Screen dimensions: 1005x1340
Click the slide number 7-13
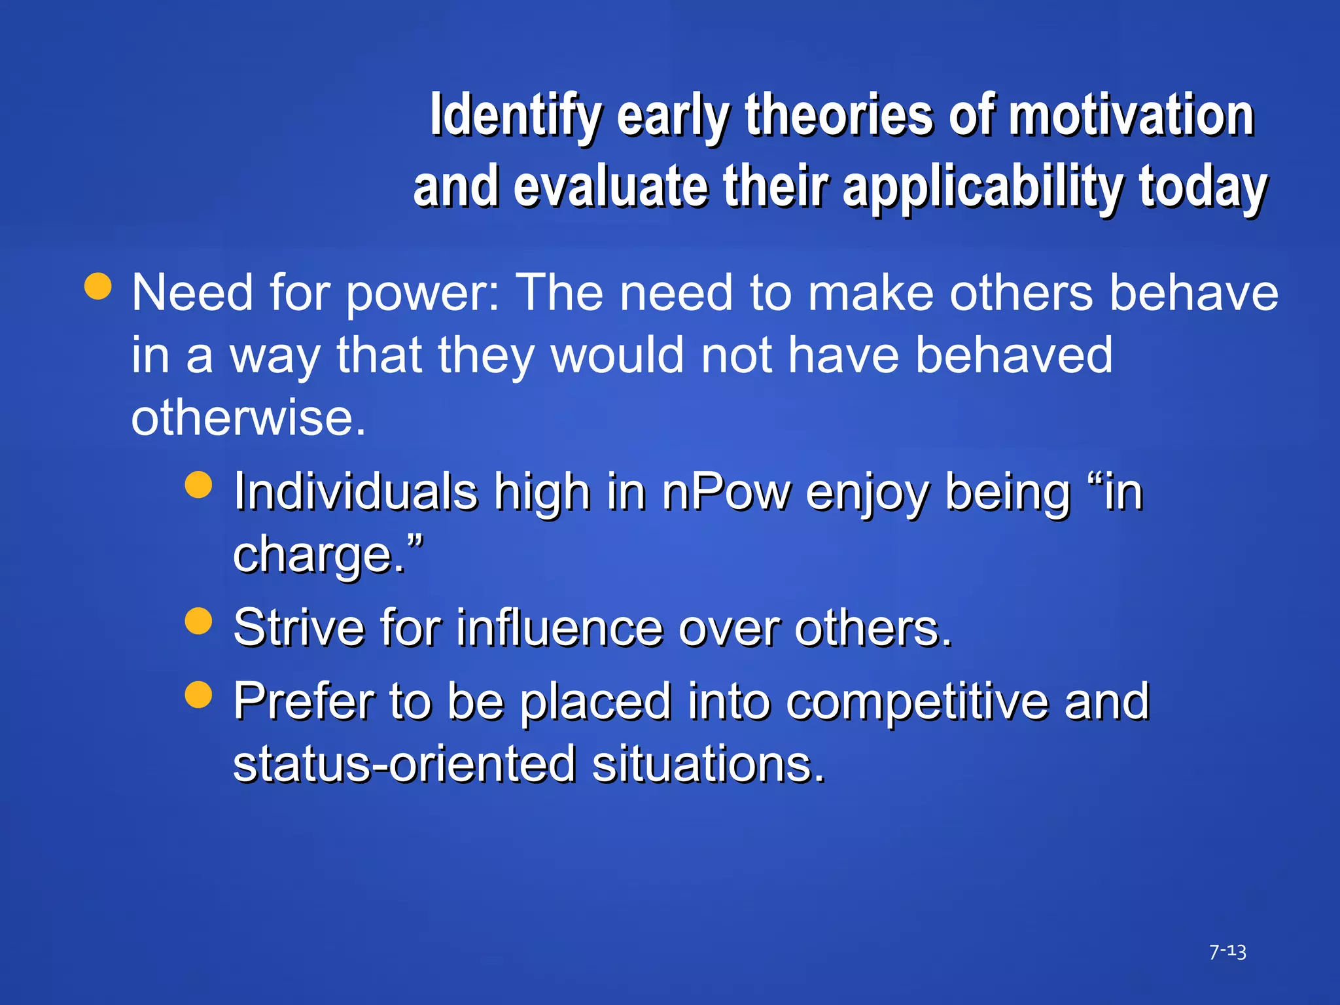point(1227,951)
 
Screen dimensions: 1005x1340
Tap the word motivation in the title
point(1131,116)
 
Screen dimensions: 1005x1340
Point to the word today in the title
point(1203,188)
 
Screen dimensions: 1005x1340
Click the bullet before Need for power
point(98,287)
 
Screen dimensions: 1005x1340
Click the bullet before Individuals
point(198,485)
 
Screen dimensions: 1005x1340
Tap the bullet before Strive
point(198,621)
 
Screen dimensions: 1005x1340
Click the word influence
point(559,627)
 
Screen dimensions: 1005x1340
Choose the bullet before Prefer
point(198,694)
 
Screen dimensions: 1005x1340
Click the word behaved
point(1014,355)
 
